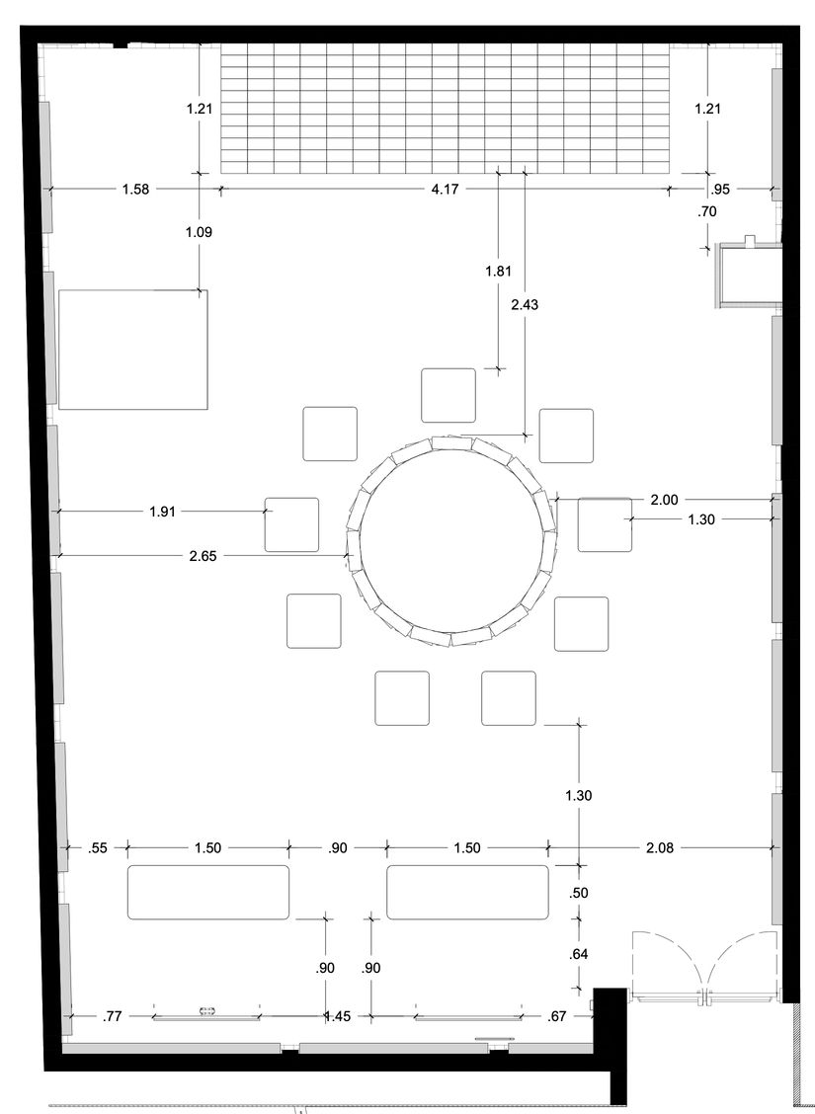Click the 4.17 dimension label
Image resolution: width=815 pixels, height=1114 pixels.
click(445, 189)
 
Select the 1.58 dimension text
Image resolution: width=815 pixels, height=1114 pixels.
click(135, 189)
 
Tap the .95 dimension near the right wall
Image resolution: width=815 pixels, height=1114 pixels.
click(720, 189)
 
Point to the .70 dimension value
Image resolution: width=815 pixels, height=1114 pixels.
click(707, 211)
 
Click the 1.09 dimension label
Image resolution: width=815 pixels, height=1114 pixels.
click(199, 232)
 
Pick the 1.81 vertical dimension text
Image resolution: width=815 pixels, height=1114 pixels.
click(498, 271)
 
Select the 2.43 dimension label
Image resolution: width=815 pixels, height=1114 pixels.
click(526, 305)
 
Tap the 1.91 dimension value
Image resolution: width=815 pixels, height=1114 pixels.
click(163, 512)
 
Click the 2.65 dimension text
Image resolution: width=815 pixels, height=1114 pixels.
click(204, 556)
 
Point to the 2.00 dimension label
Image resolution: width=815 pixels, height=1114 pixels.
click(665, 500)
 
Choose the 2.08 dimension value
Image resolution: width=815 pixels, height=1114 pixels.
click(659, 847)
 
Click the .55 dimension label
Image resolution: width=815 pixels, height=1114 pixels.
click(98, 847)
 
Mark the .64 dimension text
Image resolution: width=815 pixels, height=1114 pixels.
click(579, 954)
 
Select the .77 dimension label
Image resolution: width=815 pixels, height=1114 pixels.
click(113, 1016)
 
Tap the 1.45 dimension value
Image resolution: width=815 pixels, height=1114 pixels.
click(338, 1016)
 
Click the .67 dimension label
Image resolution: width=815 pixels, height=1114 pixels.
click(558, 1016)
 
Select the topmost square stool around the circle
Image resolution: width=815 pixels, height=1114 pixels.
click(448, 395)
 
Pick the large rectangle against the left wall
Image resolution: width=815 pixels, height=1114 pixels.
click(133, 350)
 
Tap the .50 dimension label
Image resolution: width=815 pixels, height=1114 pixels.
click(579, 893)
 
